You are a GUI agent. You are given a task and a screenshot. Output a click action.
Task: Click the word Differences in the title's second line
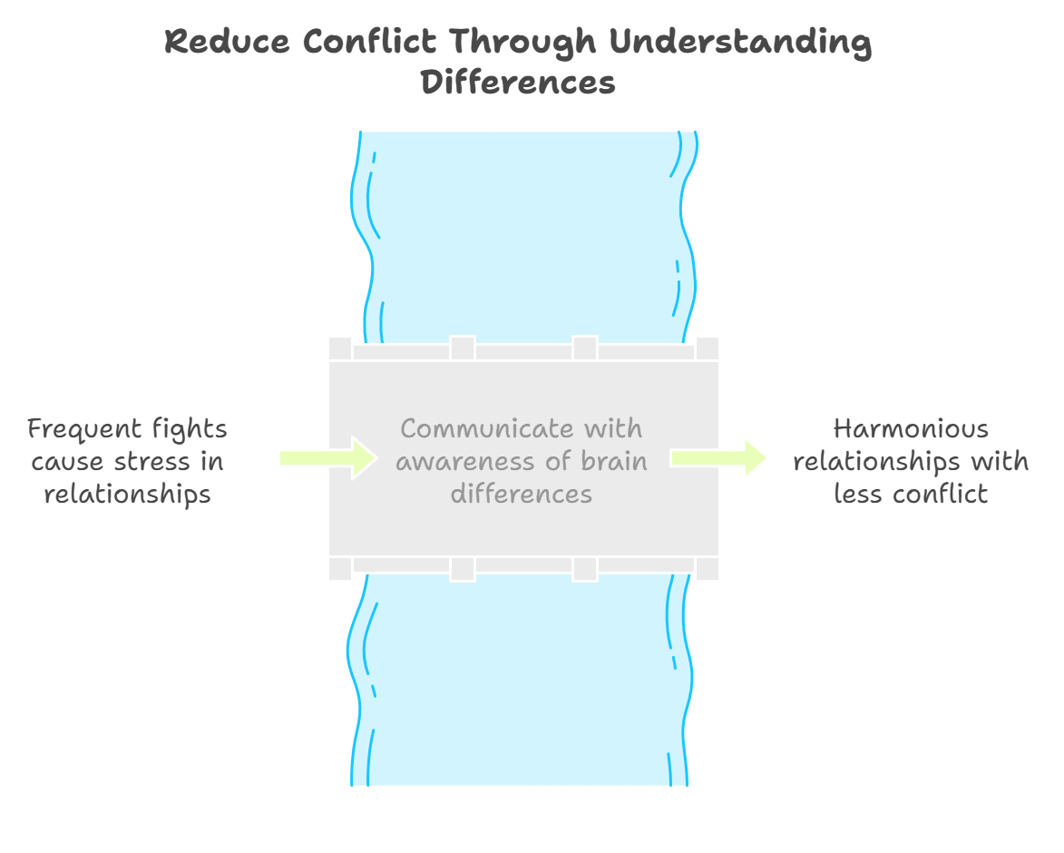coord(518,83)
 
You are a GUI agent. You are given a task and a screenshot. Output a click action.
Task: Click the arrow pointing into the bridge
coord(327,457)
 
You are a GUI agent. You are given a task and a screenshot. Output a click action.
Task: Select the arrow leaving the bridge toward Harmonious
coord(719,457)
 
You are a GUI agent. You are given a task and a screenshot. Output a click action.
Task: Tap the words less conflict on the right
coord(911,494)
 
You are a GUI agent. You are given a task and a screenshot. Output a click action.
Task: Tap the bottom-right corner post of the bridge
coord(708,568)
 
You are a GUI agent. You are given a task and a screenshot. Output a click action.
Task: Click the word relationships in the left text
coord(127,494)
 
